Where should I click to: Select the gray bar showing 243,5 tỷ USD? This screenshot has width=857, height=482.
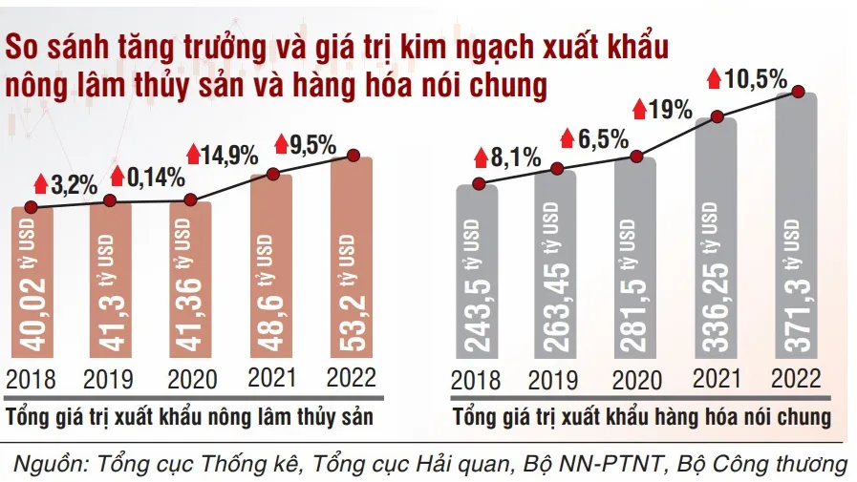pos(478,277)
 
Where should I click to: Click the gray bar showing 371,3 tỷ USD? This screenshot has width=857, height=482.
pos(798,239)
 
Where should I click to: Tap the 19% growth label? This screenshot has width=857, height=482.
pos(670,109)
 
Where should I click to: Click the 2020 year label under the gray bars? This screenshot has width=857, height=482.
pos(637,380)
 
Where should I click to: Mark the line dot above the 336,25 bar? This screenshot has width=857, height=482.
pos(718,118)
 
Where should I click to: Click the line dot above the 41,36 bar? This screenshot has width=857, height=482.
pos(191,200)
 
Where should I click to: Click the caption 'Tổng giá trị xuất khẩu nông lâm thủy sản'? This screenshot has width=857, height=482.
pos(188,418)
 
